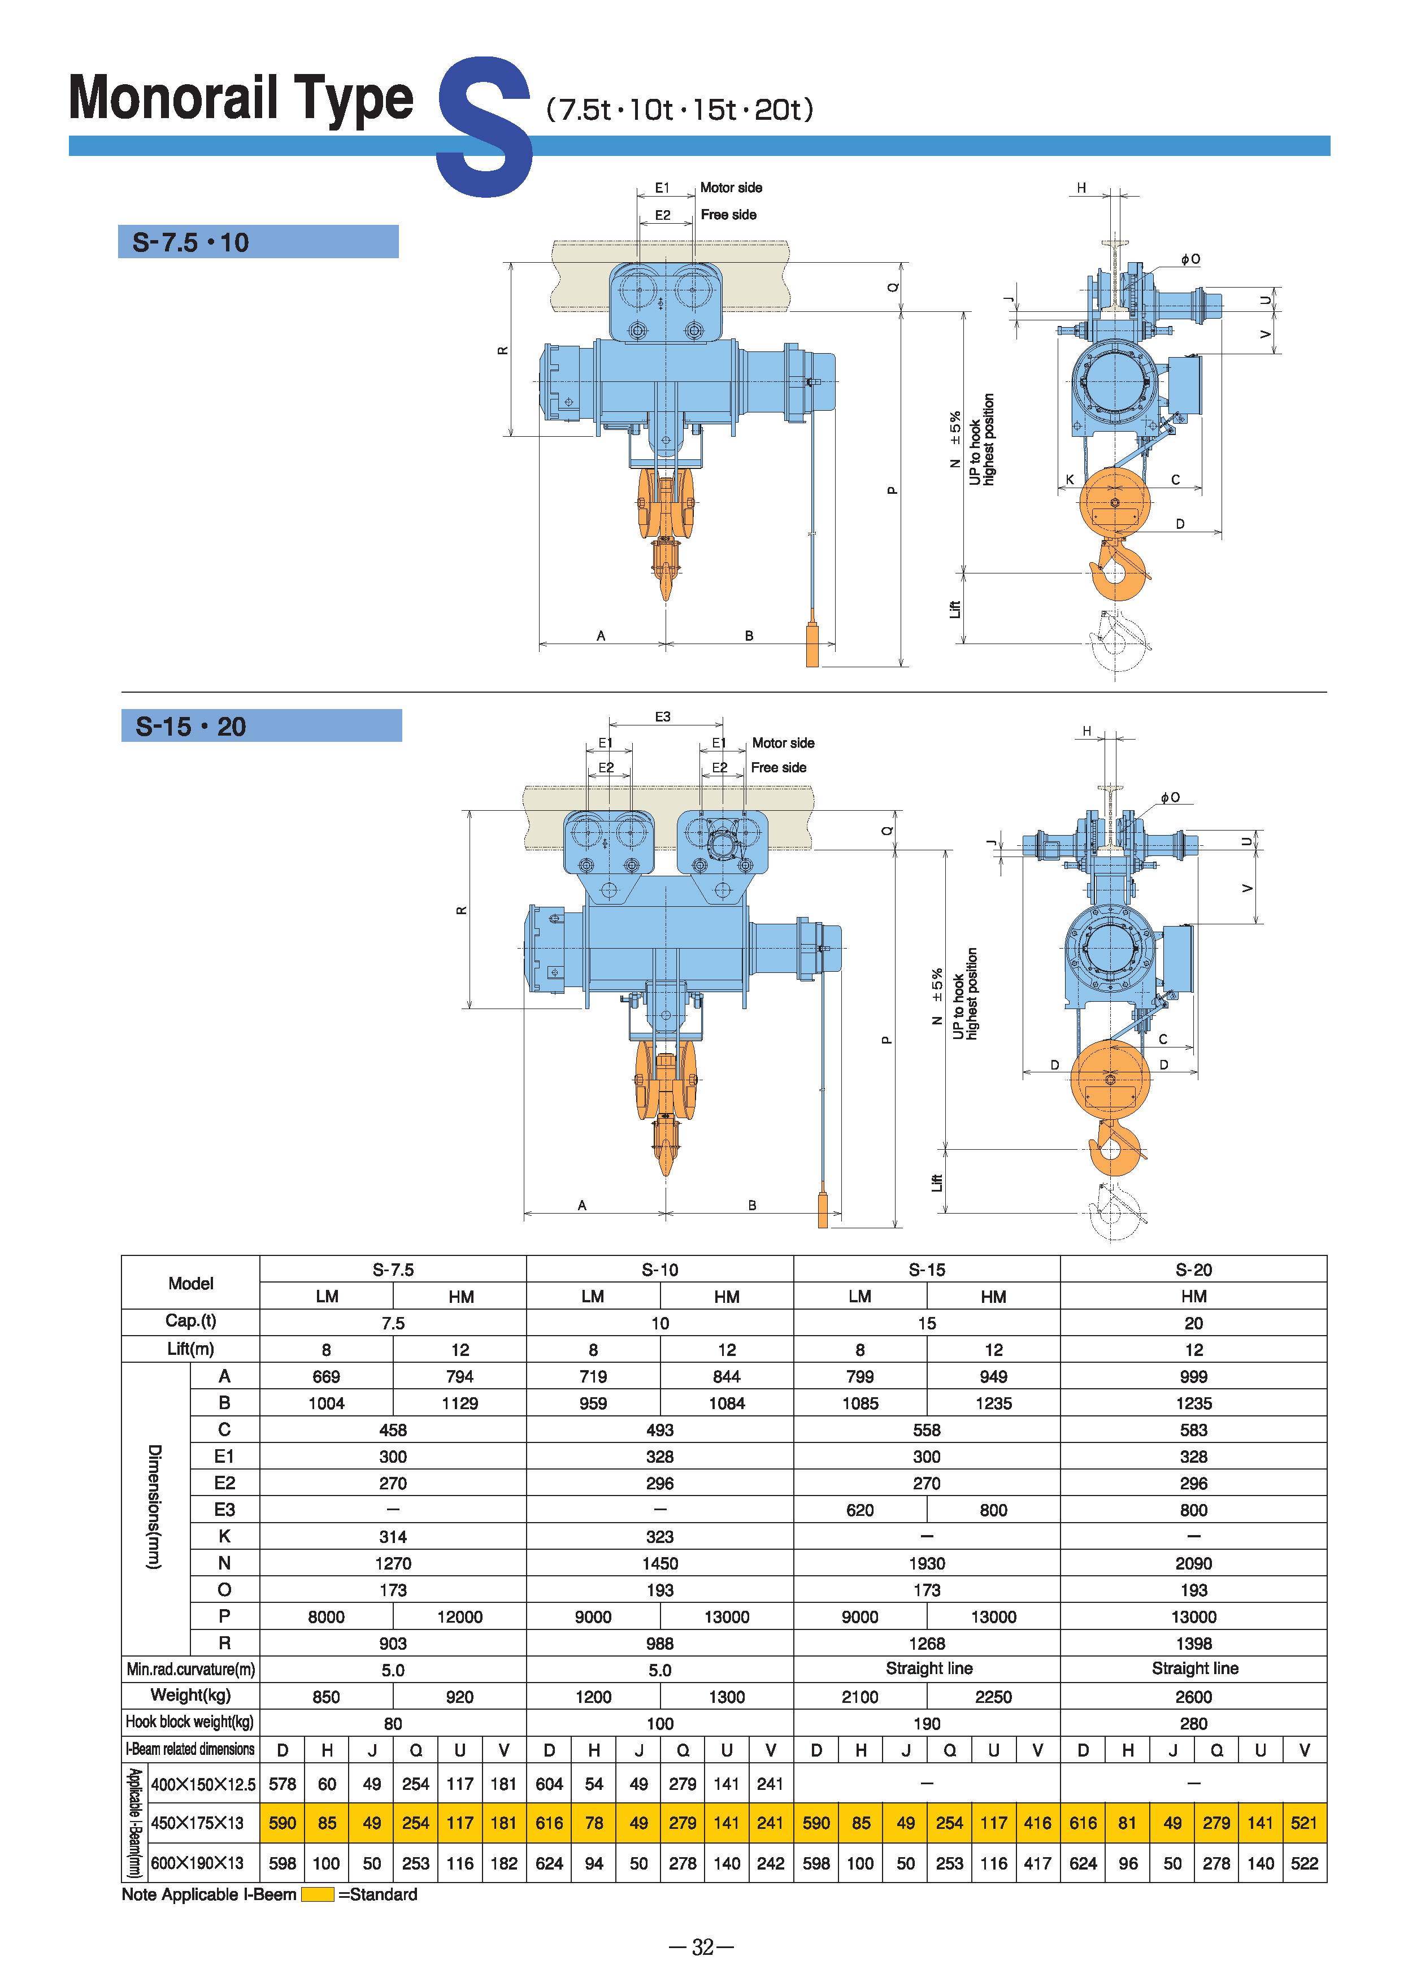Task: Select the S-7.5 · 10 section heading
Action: point(191,242)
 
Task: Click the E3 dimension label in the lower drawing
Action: point(662,717)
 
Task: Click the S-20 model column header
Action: point(1193,1270)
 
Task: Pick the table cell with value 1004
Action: point(326,1403)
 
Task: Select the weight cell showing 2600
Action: point(1193,1697)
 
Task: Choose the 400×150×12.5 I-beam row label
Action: point(203,1784)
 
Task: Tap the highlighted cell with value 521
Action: point(1304,1823)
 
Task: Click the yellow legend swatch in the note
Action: point(318,1894)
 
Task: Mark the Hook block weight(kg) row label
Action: point(190,1722)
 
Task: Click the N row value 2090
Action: point(1193,1563)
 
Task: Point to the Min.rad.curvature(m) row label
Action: point(191,1669)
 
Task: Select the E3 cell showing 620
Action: point(859,1510)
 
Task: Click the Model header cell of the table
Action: point(191,1283)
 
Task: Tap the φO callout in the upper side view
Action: point(1190,258)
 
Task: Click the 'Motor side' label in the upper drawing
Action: point(731,187)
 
